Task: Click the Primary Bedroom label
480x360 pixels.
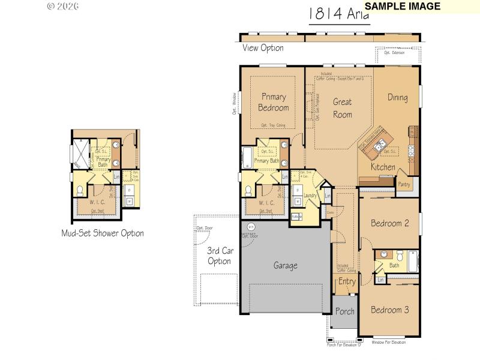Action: click(273, 102)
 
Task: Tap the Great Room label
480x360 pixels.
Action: click(342, 108)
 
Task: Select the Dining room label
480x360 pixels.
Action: click(397, 97)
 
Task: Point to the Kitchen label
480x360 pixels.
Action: click(383, 167)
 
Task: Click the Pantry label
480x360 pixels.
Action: click(404, 184)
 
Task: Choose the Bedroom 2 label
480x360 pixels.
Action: click(389, 223)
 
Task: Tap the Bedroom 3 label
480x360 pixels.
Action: click(389, 310)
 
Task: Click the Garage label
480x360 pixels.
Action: click(286, 265)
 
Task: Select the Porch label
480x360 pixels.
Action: click(344, 311)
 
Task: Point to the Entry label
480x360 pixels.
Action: click(347, 281)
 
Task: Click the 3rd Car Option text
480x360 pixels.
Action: click(219, 256)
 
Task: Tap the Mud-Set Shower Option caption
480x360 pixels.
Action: click(103, 233)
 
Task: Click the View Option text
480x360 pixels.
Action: click(263, 48)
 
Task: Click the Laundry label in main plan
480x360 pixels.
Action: click(310, 196)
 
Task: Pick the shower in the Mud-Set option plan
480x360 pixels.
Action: click(80, 154)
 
